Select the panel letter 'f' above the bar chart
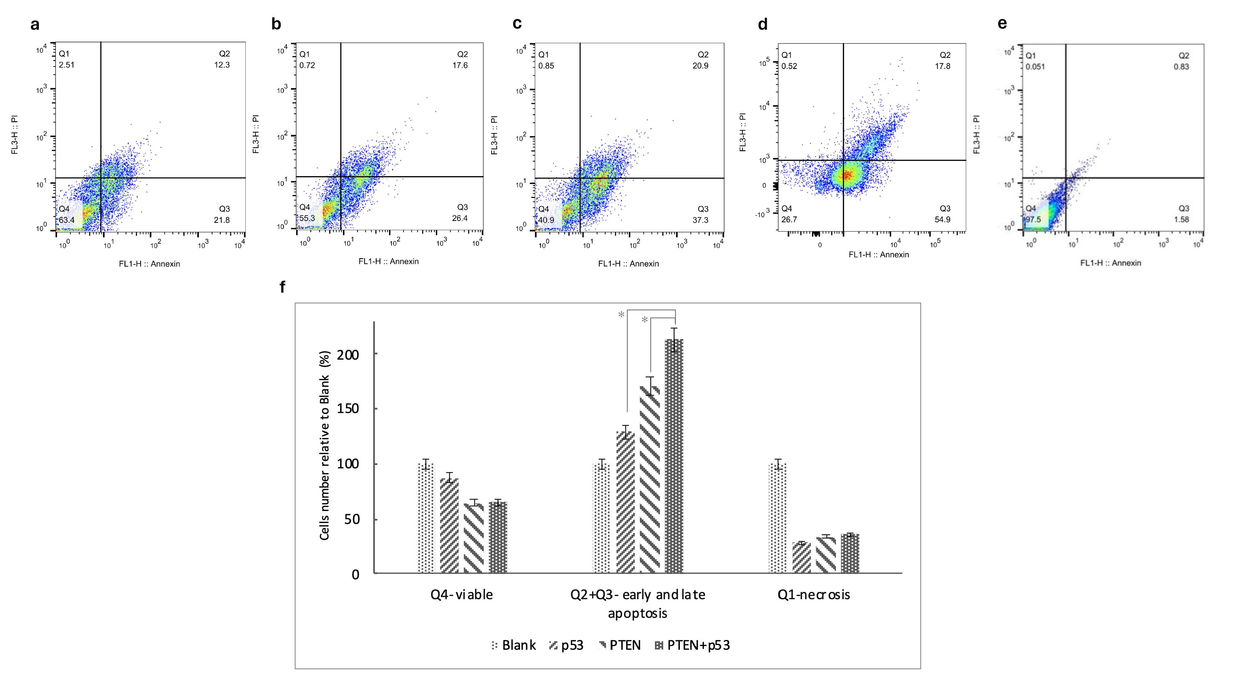[283, 287]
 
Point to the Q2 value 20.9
[700, 65]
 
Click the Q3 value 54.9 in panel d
[942, 219]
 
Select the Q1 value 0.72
[307, 65]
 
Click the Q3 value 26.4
[459, 218]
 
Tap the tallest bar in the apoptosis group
[674, 456]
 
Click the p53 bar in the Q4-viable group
[449, 526]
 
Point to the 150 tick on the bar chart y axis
[348, 409]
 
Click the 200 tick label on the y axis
[348, 355]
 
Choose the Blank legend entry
[513, 645]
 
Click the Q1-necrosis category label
[814, 595]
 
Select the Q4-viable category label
[462, 595]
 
